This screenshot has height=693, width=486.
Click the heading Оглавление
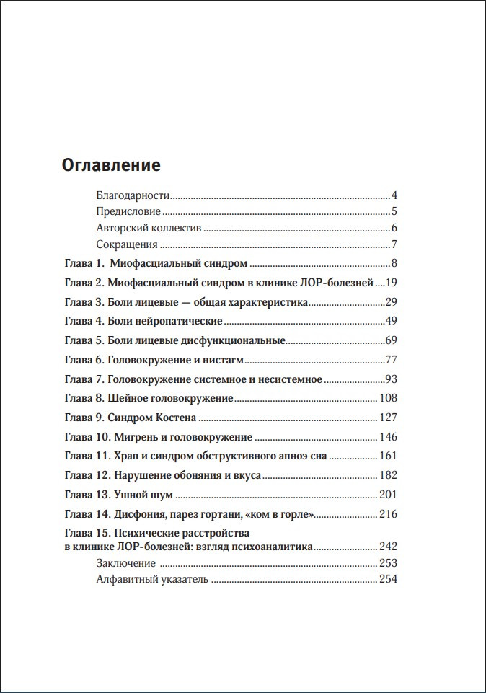pos(111,165)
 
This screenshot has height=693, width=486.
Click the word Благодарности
pos(132,195)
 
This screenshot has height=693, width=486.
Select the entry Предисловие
pos(128,212)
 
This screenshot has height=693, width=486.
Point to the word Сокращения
pos(127,245)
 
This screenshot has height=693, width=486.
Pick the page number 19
pos(392,282)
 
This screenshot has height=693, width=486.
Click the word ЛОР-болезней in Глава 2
pos(339,282)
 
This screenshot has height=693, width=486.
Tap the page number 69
pos(392,340)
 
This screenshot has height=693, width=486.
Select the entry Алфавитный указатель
pos(151,578)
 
